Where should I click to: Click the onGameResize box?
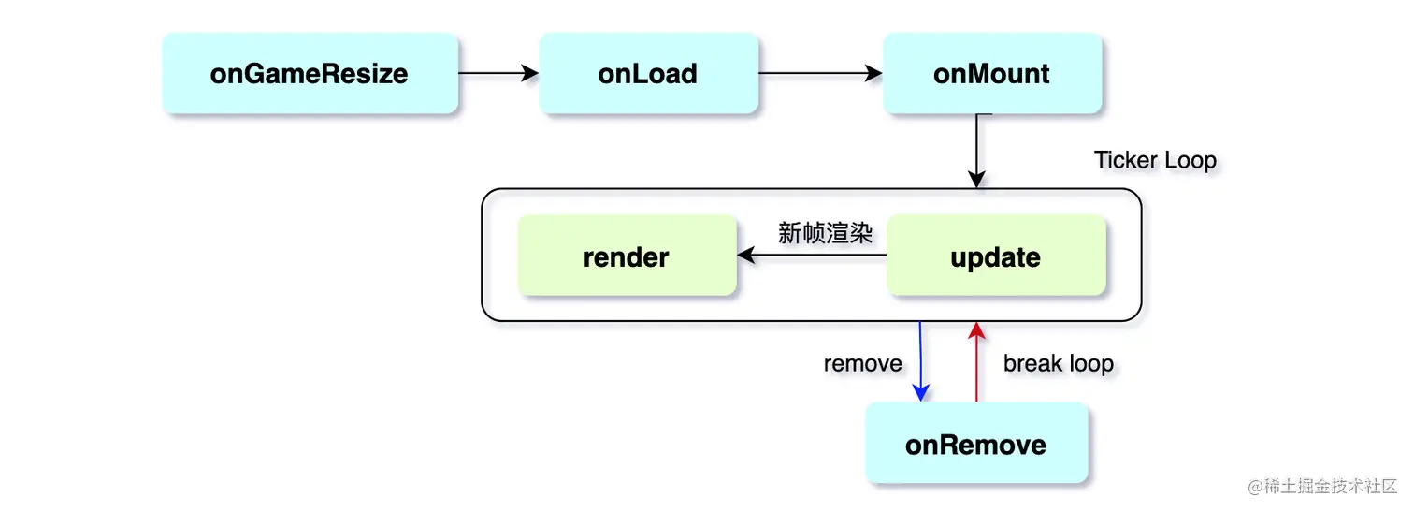[310, 73]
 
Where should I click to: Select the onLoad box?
[648, 73]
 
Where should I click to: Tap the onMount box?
[992, 73]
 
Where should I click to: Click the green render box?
[627, 256]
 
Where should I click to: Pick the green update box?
[996, 256]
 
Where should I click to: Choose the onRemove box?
[976, 443]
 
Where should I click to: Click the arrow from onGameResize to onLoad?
[498, 73]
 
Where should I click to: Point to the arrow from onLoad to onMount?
[821, 73]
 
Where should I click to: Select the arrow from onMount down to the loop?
[976, 151]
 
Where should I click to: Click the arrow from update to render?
[812, 256]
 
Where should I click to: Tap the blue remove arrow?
[920, 361]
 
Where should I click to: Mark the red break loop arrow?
[976, 361]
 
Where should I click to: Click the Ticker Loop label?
[1155, 160]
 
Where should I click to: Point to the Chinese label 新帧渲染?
[825, 233]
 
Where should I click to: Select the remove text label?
[863, 363]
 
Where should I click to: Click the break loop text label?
[1059, 363]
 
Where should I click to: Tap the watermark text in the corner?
[1322, 486]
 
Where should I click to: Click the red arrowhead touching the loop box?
[976, 329]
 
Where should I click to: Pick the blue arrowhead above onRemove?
[921, 393]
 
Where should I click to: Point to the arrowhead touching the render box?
[745, 256]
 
